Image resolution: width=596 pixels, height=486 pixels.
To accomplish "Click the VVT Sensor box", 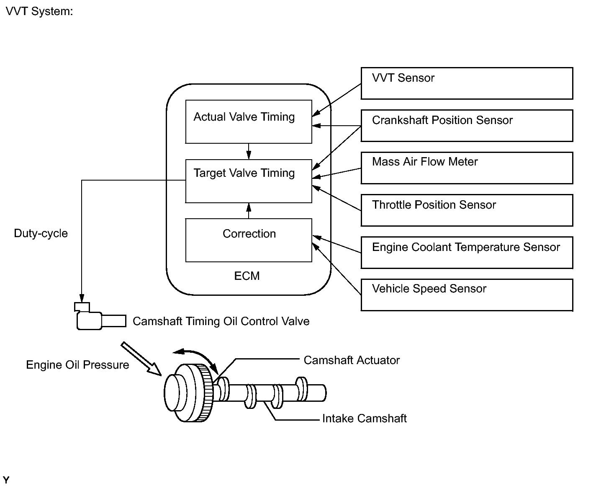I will (467, 83).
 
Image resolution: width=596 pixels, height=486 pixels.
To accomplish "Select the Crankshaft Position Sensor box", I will (467, 126).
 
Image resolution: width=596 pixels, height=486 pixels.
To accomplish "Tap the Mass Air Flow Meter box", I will (467, 168).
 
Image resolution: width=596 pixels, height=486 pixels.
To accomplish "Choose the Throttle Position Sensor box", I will (467, 210).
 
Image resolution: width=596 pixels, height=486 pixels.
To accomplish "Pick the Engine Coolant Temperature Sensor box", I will (467, 253).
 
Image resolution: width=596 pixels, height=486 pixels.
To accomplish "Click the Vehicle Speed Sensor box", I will (467, 295).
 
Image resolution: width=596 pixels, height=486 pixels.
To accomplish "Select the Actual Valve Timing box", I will (249, 121).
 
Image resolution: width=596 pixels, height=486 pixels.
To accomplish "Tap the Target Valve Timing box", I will (249, 181).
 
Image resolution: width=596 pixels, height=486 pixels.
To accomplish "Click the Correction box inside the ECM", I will (249, 240).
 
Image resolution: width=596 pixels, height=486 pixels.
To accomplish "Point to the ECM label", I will (247, 276).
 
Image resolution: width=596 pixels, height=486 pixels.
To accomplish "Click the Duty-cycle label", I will (41, 233).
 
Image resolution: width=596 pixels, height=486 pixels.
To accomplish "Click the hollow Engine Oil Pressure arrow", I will (141, 358).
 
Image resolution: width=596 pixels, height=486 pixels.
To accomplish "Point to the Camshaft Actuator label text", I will (352, 360).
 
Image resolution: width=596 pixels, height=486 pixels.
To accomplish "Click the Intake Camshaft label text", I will (364, 419).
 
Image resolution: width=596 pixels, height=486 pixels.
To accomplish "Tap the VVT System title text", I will (39, 11).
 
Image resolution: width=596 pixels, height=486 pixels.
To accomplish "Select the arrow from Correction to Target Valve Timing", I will (249, 211).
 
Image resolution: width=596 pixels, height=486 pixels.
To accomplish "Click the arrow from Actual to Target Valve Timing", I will (249, 151).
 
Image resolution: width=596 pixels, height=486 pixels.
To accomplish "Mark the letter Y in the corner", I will (6, 480).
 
